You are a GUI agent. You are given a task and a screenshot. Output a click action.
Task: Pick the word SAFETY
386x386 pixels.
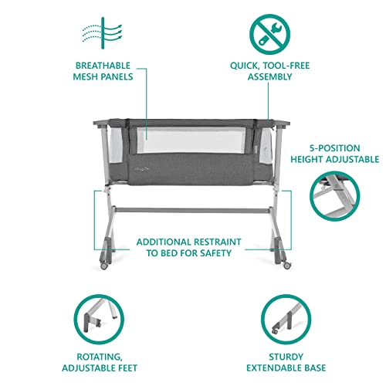tap(221, 252)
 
